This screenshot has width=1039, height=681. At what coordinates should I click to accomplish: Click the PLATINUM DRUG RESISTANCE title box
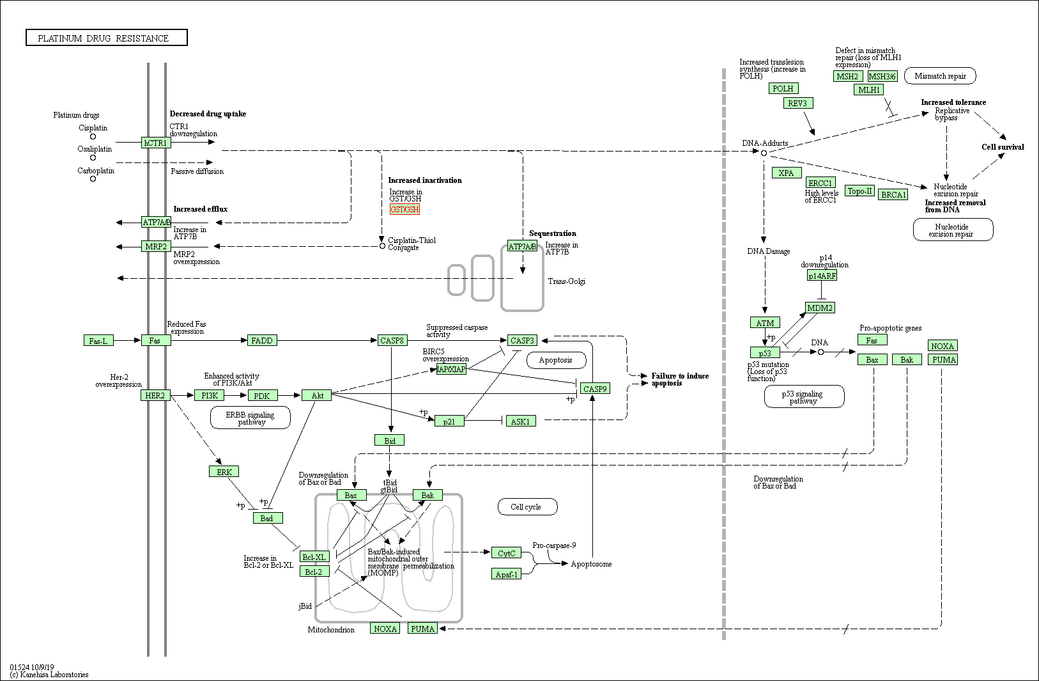click(x=107, y=38)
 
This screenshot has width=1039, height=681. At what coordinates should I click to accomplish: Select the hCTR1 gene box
click(x=155, y=143)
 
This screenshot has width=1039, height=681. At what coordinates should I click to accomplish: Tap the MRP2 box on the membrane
click(x=156, y=246)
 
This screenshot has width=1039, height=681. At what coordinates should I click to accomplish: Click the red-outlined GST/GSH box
click(x=404, y=209)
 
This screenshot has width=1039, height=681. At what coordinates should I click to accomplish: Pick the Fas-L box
click(x=98, y=341)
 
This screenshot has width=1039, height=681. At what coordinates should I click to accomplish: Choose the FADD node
click(x=262, y=340)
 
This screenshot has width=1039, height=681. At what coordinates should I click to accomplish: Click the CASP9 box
click(x=595, y=388)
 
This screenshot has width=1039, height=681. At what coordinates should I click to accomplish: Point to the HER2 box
click(x=155, y=395)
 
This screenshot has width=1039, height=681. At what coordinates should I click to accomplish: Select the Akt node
click(x=317, y=395)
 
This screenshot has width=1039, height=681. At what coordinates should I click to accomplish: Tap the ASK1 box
click(x=520, y=421)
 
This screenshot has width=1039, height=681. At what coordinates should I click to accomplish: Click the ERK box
click(x=224, y=472)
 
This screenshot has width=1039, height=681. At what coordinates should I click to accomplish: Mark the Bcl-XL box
click(x=314, y=557)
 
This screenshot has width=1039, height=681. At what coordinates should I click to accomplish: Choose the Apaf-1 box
click(x=506, y=574)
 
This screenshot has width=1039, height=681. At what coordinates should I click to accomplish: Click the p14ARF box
click(x=822, y=276)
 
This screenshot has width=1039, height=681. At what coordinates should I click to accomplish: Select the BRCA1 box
click(x=893, y=194)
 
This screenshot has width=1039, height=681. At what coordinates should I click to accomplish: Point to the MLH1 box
click(x=868, y=90)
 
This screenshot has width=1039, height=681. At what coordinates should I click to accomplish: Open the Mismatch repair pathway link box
click(x=940, y=76)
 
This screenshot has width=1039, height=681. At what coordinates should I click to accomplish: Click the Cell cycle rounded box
click(x=527, y=507)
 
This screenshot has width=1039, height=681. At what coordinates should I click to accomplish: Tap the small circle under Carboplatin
click(x=93, y=179)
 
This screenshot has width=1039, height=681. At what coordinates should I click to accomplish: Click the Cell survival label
click(x=1002, y=147)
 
